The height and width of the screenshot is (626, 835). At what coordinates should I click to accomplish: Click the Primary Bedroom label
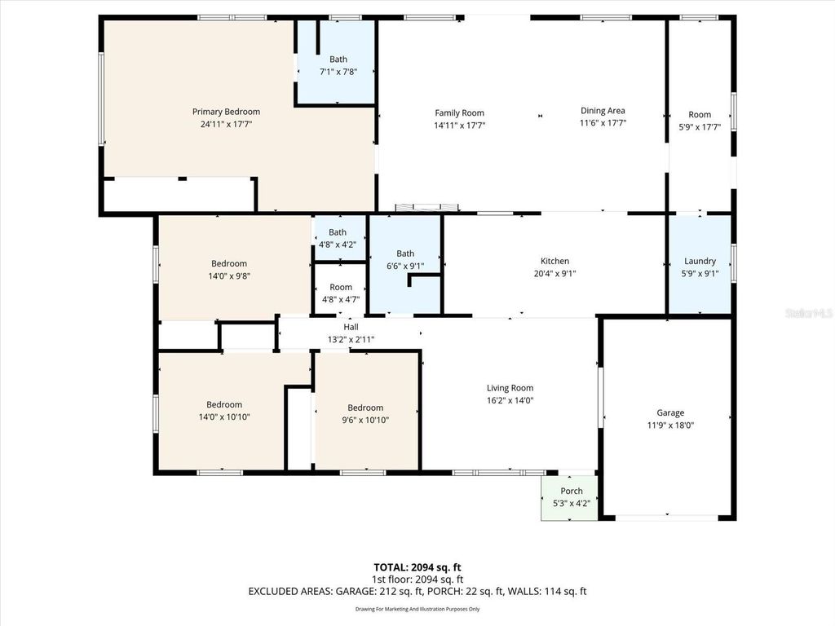[226, 112]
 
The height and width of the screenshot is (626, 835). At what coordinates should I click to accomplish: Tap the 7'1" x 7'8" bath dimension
[338, 72]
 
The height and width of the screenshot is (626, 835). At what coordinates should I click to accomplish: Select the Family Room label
[459, 113]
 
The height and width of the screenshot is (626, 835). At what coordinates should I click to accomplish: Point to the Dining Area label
[603, 111]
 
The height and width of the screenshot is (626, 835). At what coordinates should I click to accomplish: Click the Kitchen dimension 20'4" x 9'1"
[554, 274]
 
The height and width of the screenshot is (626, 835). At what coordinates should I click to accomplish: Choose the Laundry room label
[700, 262]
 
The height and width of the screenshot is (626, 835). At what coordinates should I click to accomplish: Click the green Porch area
[571, 497]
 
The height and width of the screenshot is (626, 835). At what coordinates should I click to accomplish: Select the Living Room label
[510, 389]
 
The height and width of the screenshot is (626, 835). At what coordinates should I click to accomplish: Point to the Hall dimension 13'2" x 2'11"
[351, 339]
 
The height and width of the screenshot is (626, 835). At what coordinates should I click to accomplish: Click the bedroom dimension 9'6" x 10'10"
[364, 420]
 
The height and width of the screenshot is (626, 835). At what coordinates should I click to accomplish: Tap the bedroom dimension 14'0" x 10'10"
[223, 417]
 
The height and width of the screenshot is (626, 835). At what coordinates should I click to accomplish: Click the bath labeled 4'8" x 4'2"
[337, 244]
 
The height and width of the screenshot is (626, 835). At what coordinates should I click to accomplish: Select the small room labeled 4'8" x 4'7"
[340, 299]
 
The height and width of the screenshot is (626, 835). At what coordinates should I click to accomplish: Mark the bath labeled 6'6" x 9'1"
[405, 265]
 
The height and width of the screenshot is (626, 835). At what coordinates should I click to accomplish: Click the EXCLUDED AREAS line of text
[417, 592]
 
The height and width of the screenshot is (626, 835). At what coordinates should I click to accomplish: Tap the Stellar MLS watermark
[808, 313]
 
